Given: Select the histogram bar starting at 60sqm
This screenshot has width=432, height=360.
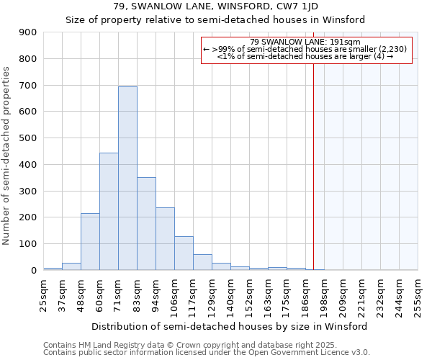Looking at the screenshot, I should pyautogui.click(x=109, y=212).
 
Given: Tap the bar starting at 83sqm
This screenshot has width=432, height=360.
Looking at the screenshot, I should pyautogui.click(x=146, y=224).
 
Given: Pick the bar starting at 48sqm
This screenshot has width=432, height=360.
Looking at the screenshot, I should pyautogui.click(x=90, y=242).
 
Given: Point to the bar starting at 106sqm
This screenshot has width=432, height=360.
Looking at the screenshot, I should pyautogui.click(x=184, y=253).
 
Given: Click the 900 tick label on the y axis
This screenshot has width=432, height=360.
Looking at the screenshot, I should pyautogui.click(x=28, y=32).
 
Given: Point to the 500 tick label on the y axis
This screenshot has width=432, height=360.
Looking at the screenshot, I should pyautogui.click(x=28, y=138).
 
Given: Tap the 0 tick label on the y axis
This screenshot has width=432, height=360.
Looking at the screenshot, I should pyautogui.click(x=33, y=271).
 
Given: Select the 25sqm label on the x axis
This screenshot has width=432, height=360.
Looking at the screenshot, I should pyautogui.click(x=43, y=294).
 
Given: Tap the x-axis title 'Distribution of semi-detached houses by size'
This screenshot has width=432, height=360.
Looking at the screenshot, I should pyautogui.click(x=229, y=326).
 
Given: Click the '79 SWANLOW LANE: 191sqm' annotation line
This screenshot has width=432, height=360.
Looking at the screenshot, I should pyautogui.click(x=306, y=42).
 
